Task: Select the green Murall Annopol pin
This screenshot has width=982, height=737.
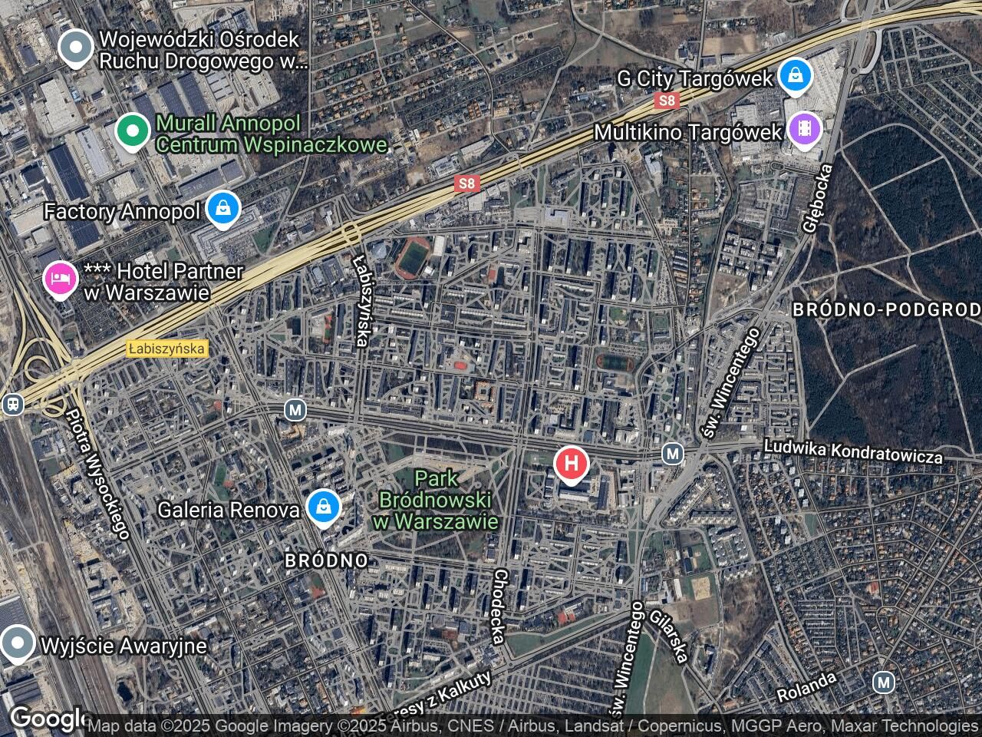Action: coord(133,131)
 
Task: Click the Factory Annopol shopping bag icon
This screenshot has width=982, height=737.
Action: coord(222,210)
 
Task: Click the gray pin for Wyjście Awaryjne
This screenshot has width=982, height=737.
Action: coord(17,643)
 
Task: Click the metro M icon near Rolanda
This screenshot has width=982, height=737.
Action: coord(884,681)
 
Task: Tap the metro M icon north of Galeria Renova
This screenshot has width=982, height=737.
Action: coord(295,410)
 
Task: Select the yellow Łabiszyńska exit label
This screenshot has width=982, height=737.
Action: coord(167,349)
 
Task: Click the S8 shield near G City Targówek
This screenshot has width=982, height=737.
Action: coord(667,101)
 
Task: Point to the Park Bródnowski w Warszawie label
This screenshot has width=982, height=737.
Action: coord(436,500)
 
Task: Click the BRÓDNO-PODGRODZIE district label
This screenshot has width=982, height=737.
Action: coord(886,309)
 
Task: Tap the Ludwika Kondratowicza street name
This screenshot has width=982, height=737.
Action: coord(853,451)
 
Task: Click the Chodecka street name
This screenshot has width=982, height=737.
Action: coord(499,606)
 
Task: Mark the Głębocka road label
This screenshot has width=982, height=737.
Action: coord(816,197)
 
